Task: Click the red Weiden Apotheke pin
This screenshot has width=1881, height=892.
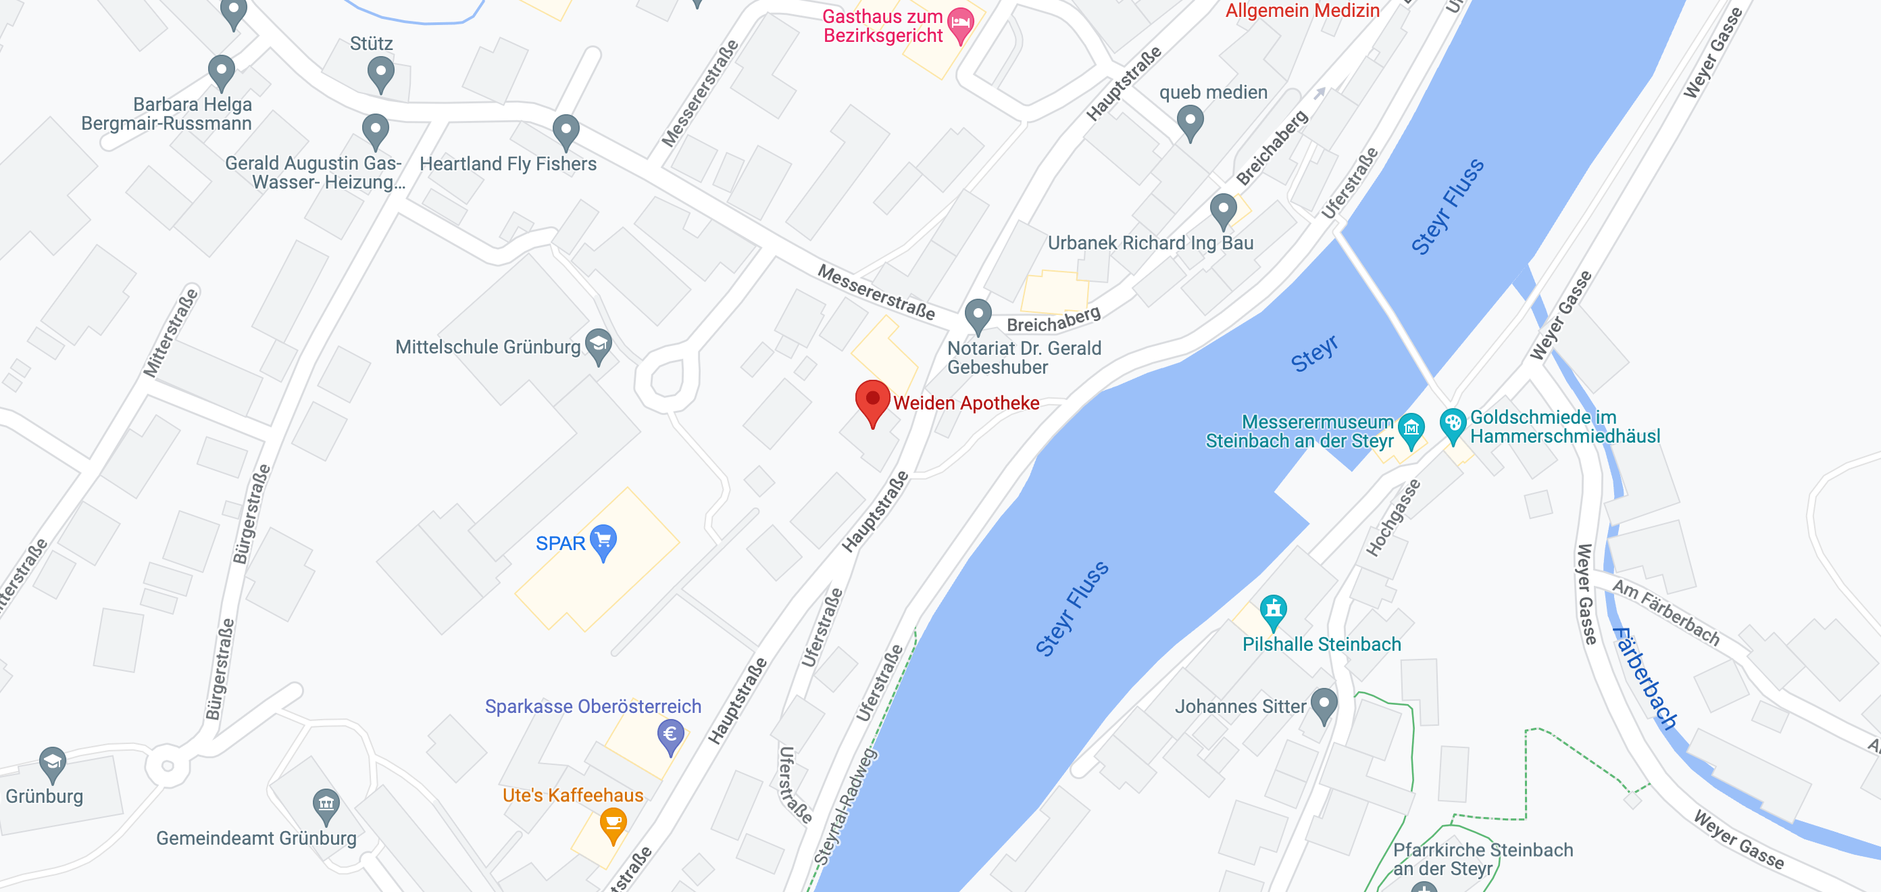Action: pyautogui.click(x=872, y=400)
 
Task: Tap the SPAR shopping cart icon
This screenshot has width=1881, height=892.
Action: pyautogui.click(x=603, y=541)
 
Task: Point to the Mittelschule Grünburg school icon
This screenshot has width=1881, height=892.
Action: pyautogui.click(x=599, y=345)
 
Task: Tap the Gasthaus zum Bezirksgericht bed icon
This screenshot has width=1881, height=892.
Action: pyautogui.click(x=960, y=24)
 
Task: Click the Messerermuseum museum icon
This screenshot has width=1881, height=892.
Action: pyautogui.click(x=1411, y=428)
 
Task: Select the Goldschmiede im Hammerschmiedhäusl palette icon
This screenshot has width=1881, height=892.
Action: pyautogui.click(x=1453, y=424)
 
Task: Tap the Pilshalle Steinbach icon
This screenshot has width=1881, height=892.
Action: pyautogui.click(x=1273, y=610)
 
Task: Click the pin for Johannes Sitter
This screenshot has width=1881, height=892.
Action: pyautogui.click(x=1324, y=704)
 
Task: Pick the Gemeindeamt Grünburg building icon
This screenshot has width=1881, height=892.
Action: pyautogui.click(x=326, y=804)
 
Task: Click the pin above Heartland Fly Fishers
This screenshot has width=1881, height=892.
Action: pyautogui.click(x=566, y=131)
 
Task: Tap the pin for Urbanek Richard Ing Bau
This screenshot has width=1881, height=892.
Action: pyautogui.click(x=1223, y=209)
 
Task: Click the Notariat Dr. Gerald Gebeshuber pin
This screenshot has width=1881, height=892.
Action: pyautogui.click(x=978, y=315)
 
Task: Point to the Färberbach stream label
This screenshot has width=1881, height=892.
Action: pyautogui.click(x=1645, y=677)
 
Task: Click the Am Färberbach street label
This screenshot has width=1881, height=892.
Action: pyautogui.click(x=1665, y=612)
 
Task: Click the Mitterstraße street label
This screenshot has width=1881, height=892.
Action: pyautogui.click(x=170, y=332)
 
